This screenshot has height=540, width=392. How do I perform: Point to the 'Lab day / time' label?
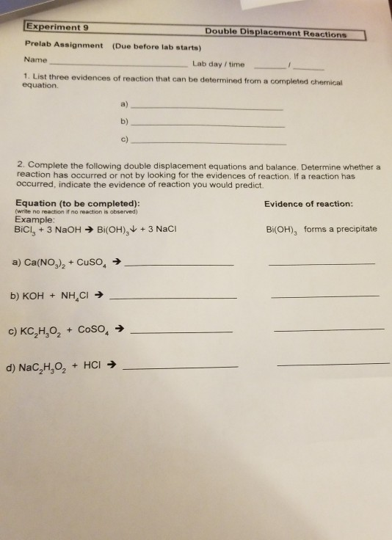[218, 64]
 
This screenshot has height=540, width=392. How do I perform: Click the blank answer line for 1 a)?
[205, 108]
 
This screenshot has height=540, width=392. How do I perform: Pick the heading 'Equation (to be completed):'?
[77, 203]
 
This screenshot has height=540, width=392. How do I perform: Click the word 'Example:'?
[34, 219]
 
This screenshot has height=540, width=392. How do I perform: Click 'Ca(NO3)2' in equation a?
[48, 262]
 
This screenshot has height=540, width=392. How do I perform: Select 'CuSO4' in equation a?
[97, 262]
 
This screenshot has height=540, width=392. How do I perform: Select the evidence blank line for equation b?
[324, 296]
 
